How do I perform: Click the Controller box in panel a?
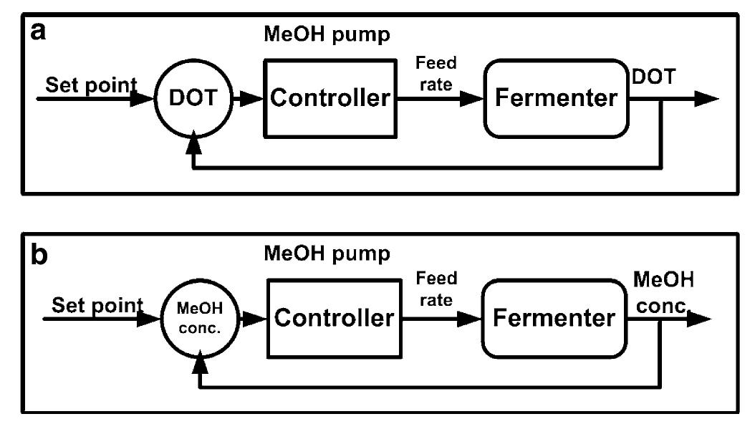click(x=330, y=98)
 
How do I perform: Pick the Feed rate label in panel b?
click(x=436, y=289)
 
